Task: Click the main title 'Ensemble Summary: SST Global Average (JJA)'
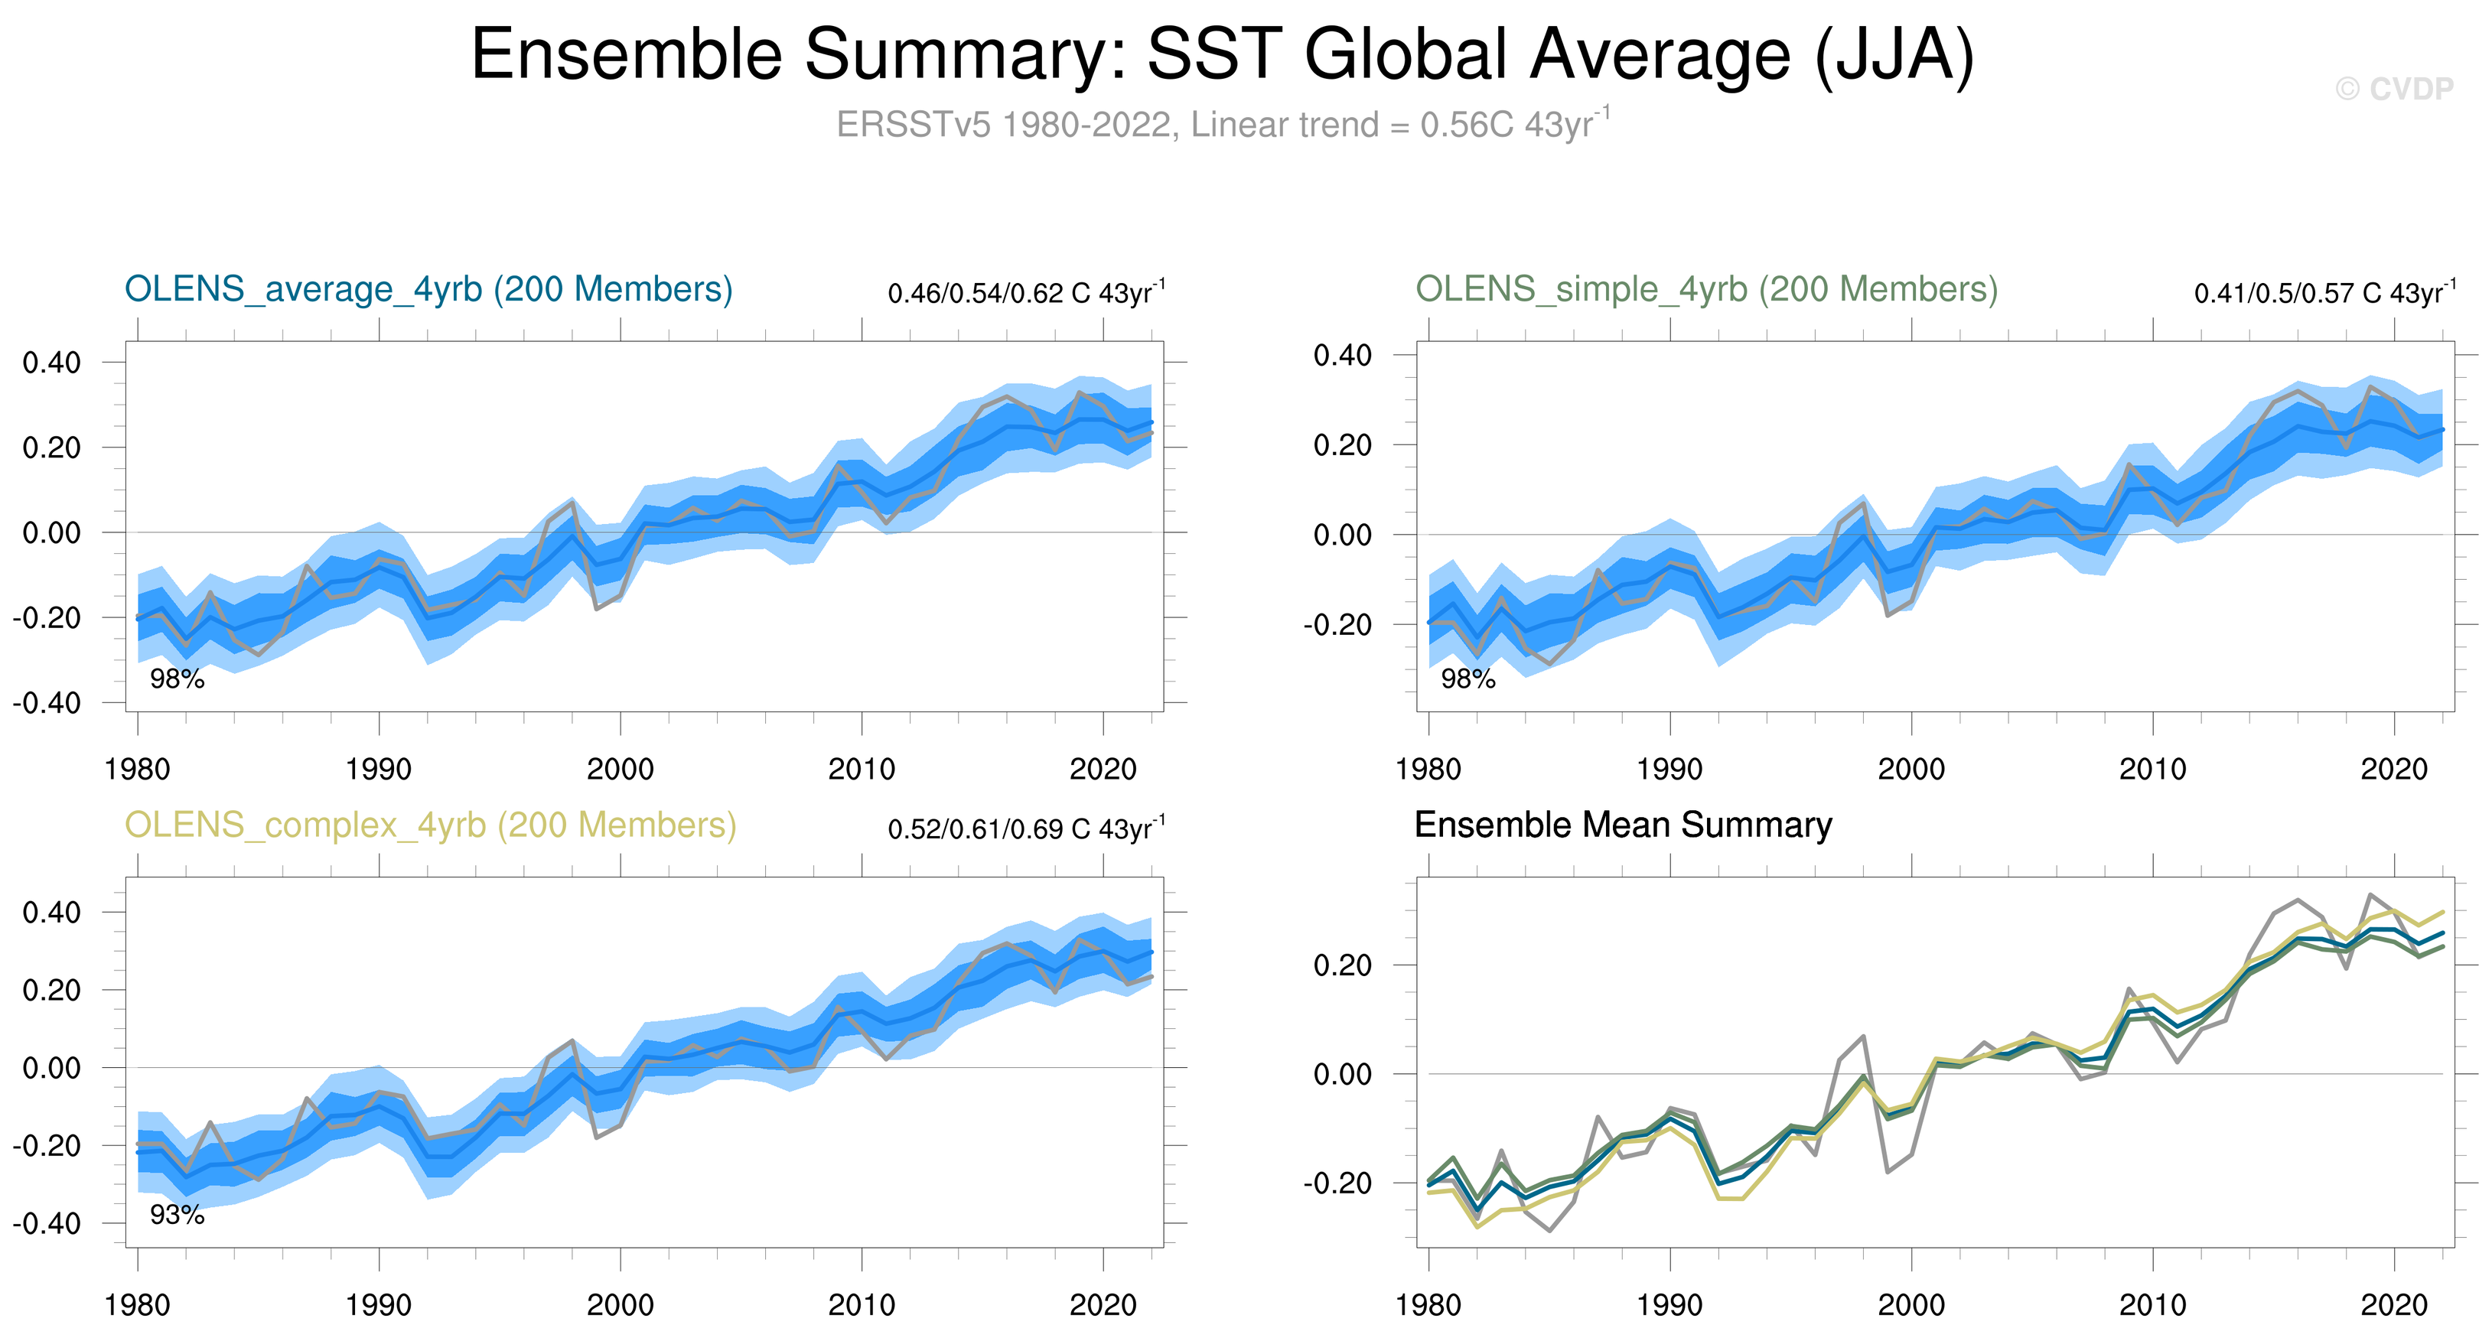coord(1221,54)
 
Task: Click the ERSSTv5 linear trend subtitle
coord(1223,125)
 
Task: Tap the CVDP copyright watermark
coord(2393,89)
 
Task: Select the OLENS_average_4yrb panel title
coord(428,289)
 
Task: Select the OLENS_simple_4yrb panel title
coord(1706,289)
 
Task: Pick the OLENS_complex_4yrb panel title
coord(431,825)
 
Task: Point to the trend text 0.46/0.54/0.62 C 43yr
coord(1025,293)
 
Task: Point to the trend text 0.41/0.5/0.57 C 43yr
coord(2324,293)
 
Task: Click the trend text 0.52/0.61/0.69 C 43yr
coord(1025,829)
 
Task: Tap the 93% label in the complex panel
coord(177,1216)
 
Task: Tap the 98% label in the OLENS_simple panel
coord(1468,679)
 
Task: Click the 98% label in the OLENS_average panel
coord(177,679)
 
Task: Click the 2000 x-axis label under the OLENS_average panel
coord(620,770)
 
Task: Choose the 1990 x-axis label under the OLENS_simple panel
coord(1669,770)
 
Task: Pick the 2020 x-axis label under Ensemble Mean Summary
coord(2394,1306)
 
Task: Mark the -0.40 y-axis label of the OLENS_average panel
coord(47,704)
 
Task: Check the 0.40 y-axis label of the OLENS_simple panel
coord(1343,356)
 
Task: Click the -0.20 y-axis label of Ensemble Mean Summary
coord(1337,1184)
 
